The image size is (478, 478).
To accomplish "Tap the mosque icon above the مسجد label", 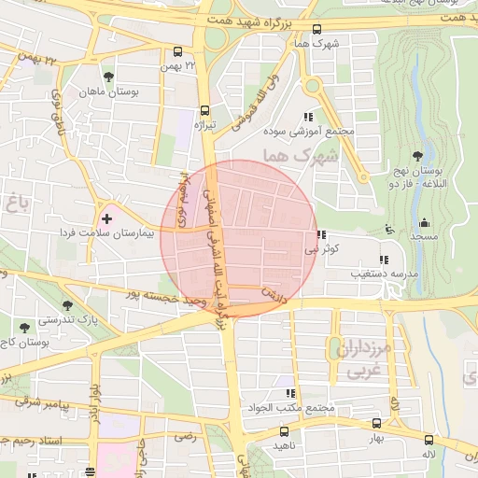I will (424, 222).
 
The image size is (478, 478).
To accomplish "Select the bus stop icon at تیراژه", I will (204, 107).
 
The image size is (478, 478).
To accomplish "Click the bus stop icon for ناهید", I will (284, 431).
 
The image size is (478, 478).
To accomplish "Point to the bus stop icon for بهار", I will (376, 423).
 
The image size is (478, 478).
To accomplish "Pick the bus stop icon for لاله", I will (429, 439).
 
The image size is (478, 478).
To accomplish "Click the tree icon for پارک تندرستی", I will (66, 305).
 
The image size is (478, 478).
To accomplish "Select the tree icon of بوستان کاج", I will (23, 327).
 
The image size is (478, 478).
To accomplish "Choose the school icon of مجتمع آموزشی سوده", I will (307, 117).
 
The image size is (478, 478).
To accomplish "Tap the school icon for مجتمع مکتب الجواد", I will (289, 393).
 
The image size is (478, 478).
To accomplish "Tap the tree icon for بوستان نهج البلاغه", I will (416, 156).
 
